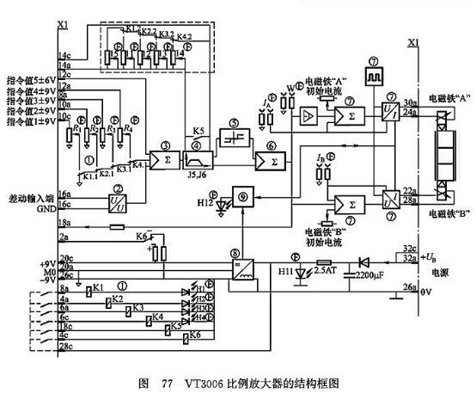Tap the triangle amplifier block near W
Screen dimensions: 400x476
[x=308, y=113]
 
